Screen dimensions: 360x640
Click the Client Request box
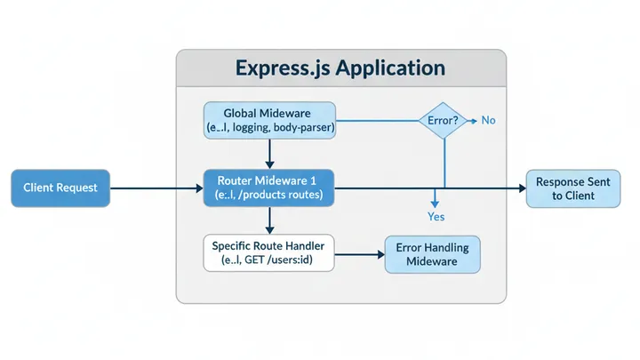click(x=60, y=188)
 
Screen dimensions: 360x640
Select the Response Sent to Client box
click(x=572, y=188)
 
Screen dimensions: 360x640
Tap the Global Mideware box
click(x=269, y=121)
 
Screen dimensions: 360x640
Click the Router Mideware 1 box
click(x=269, y=188)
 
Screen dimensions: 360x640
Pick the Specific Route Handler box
click(x=268, y=253)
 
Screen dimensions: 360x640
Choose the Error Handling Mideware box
click(x=431, y=254)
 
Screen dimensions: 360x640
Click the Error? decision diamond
click(x=442, y=119)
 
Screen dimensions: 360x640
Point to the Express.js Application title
click(x=341, y=68)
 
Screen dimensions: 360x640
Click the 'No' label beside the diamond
click(x=488, y=120)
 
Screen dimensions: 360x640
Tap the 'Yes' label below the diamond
click(x=436, y=216)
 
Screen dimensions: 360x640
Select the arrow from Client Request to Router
click(x=156, y=188)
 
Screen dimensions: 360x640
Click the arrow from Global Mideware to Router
click(x=269, y=154)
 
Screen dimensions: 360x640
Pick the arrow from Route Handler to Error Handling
click(x=360, y=254)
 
